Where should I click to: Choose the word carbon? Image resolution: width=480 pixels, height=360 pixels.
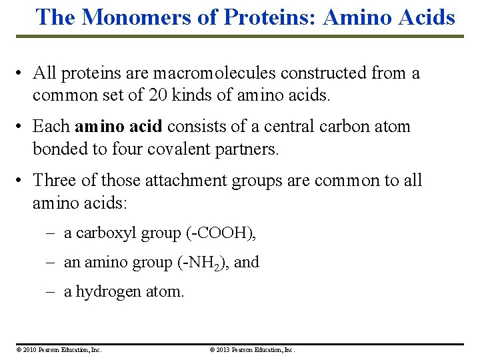point(345,127)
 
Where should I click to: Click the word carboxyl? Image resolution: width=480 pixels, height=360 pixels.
point(99,233)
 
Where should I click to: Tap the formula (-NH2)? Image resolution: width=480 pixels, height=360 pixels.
point(202,263)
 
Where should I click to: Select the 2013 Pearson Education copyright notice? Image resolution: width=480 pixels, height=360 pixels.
point(252,349)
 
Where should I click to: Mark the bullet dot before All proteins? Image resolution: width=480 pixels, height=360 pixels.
point(23,74)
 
